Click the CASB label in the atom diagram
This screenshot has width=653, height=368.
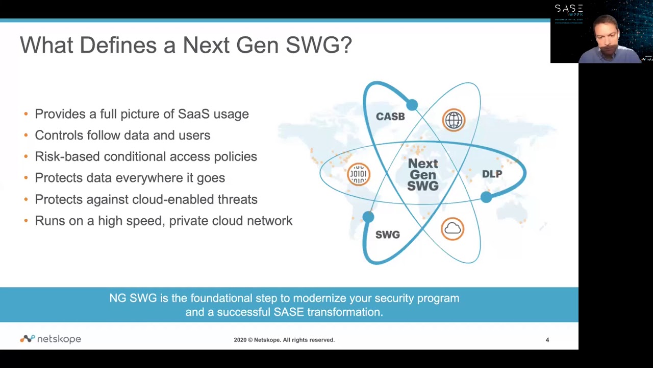(390, 117)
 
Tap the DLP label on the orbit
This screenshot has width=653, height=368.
(492, 174)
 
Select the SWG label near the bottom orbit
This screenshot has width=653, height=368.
(388, 235)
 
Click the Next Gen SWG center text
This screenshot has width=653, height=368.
(423, 175)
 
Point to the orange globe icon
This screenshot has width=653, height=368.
(454, 121)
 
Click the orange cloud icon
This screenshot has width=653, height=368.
(453, 228)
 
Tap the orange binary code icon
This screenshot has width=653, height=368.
(358, 174)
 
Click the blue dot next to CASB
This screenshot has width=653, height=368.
(412, 105)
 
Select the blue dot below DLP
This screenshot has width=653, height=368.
(486, 197)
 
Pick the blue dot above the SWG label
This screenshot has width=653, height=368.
(368, 217)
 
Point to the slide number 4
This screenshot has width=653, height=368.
(547, 340)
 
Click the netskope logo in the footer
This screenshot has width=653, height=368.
(51, 339)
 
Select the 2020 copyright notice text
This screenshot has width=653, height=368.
(284, 340)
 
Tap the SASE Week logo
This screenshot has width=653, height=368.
(568, 11)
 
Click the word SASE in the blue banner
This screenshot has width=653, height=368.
(288, 312)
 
